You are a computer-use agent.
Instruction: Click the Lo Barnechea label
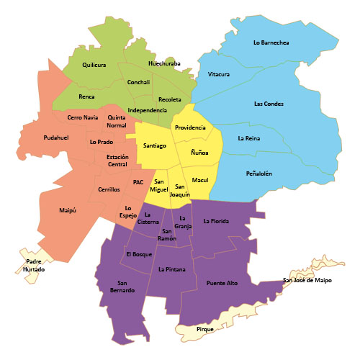[271, 43]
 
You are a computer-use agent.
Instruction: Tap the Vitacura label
[218, 74]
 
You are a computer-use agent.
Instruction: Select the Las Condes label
[269, 104]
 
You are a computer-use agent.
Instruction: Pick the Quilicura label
[94, 65]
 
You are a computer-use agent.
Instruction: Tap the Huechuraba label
[164, 63]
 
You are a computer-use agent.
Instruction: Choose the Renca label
[86, 95]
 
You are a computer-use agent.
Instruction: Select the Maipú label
[68, 210]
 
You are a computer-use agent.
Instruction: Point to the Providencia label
[189, 127]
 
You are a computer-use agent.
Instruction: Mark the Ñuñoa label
[199, 153]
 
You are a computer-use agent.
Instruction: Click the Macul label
[199, 179]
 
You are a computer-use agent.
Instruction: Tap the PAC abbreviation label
[138, 182]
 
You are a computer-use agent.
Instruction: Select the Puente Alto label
[222, 283]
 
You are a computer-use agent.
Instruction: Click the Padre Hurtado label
[35, 265]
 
